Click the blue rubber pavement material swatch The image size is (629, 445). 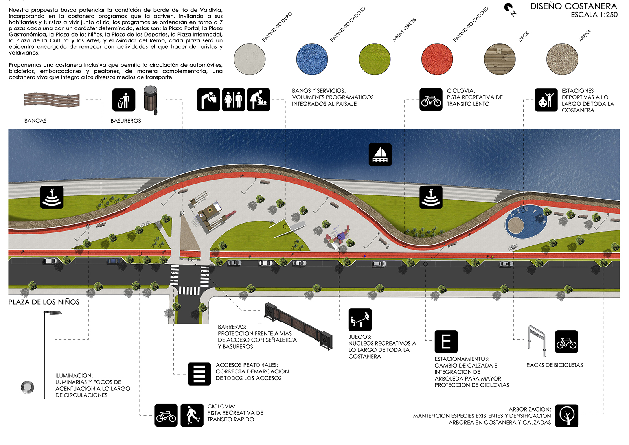(x=312, y=59)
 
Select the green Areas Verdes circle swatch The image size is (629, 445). (x=375, y=59)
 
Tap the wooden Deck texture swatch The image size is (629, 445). (x=500, y=59)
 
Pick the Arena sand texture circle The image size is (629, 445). (x=562, y=59)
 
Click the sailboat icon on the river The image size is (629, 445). (x=380, y=155)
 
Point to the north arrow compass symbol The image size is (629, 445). (x=510, y=9)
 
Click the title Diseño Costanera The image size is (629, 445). (x=574, y=6)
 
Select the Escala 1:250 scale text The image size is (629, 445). (x=594, y=15)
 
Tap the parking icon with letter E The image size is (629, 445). (x=446, y=341)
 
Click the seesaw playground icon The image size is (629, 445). (x=360, y=320)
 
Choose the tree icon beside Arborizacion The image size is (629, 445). (x=566, y=416)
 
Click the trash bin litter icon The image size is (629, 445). (x=124, y=100)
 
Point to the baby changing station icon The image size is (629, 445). (x=258, y=100)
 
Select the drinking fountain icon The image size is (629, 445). (x=209, y=100)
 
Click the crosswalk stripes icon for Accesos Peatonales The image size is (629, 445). (x=199, y=374)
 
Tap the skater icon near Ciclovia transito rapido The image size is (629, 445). (x=192, y=415)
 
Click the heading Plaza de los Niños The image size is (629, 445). (x=44, y=302)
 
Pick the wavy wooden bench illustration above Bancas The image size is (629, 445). (x=52, y=100)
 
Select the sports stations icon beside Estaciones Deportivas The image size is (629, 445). (x=546, y=100)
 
